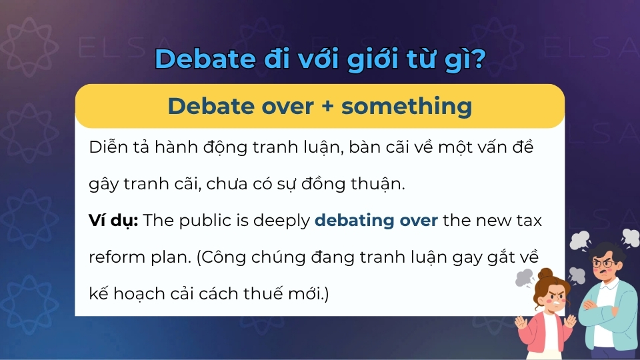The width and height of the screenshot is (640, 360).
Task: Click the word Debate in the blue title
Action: click(x=201, y=59)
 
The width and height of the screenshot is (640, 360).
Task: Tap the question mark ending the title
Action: click(x=477, y=59)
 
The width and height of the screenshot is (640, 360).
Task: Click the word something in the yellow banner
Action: click(x=407, y=107)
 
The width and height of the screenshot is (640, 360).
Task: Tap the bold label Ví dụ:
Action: click(x=113, y=221)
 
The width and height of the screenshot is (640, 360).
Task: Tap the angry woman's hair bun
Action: click(x=545, y=274)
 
